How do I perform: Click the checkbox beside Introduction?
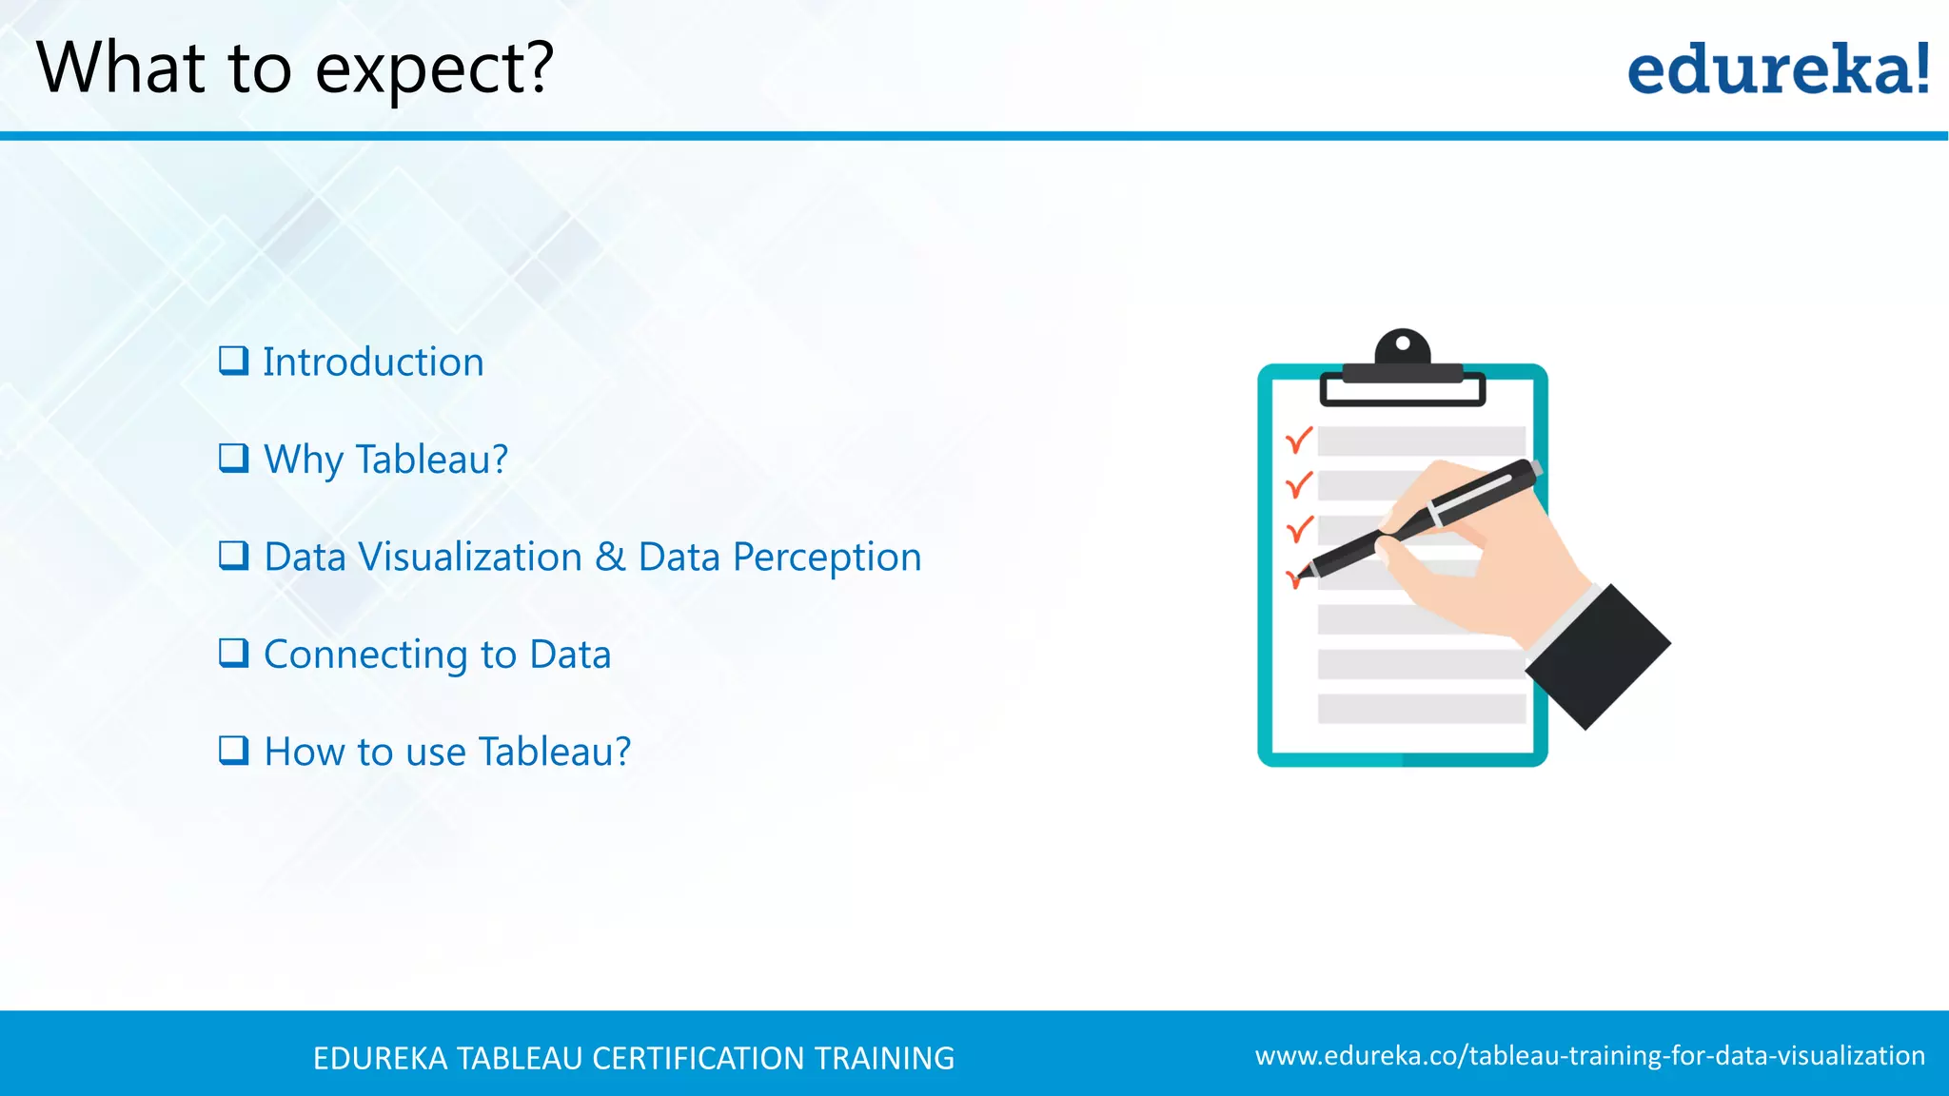[x=233, y=361]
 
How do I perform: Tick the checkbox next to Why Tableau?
[x=233, y=458]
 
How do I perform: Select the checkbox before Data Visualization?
[x=233, y=555]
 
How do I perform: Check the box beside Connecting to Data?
[x=233, y=653]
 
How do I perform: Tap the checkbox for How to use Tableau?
[x=233, y=751]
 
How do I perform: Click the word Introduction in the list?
[x=373, y=362]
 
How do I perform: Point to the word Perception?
[x=826, y=558]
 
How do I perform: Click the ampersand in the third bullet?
[x=610, y=557]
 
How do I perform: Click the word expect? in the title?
[x=434, y=69]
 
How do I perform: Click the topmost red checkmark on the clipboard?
[x=1299, y=440]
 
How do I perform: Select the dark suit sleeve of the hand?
[x=1599, y=656]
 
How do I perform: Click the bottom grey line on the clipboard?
[x=1421, y=709]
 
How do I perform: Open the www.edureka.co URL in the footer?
[x=1589, y=1056]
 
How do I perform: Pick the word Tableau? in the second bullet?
[x=432, y=460]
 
